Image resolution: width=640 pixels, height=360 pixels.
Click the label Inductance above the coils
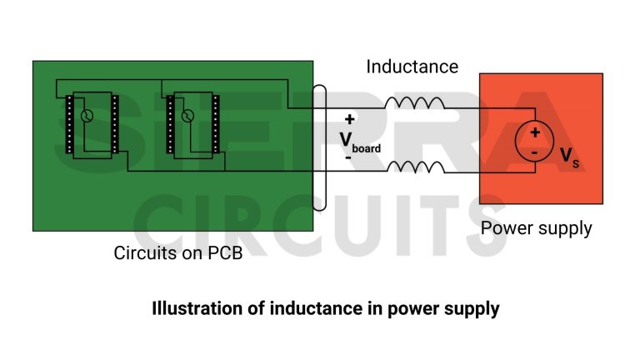412,67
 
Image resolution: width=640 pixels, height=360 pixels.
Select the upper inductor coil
413,103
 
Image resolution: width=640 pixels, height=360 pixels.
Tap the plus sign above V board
349,119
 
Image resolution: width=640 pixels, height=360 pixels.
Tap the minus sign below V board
347,156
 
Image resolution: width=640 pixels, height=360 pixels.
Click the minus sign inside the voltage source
535,152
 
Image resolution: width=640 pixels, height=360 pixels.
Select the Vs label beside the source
569,156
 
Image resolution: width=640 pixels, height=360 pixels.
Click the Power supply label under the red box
537,227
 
